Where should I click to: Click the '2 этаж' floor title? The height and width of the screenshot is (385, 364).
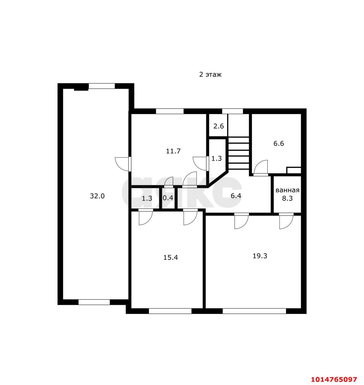coord(210,75)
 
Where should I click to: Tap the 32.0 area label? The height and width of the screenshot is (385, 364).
coord(97,196)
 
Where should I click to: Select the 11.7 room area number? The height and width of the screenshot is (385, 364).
coord(173,151)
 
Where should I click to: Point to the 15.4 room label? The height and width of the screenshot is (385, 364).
coord(171,257)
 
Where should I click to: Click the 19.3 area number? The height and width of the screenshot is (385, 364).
coord(260,256)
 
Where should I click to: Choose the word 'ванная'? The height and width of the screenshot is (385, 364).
coord(287,190)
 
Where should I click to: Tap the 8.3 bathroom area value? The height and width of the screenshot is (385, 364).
coord(287,199)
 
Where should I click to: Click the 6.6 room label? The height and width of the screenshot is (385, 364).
coord(279,143)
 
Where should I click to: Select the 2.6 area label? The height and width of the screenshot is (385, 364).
coord(218,126)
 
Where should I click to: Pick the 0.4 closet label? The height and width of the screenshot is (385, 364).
coord(168,198)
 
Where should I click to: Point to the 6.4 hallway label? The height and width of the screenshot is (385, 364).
coord(236,196)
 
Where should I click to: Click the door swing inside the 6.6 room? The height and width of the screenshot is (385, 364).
coord(261,167)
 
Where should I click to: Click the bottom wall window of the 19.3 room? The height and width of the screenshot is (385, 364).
coord(254,311)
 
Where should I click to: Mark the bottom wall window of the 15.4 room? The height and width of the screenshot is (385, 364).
coord(170,311)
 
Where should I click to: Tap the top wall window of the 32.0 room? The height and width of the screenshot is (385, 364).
coord(101,86)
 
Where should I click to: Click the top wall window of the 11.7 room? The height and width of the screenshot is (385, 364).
coord(170,111)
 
